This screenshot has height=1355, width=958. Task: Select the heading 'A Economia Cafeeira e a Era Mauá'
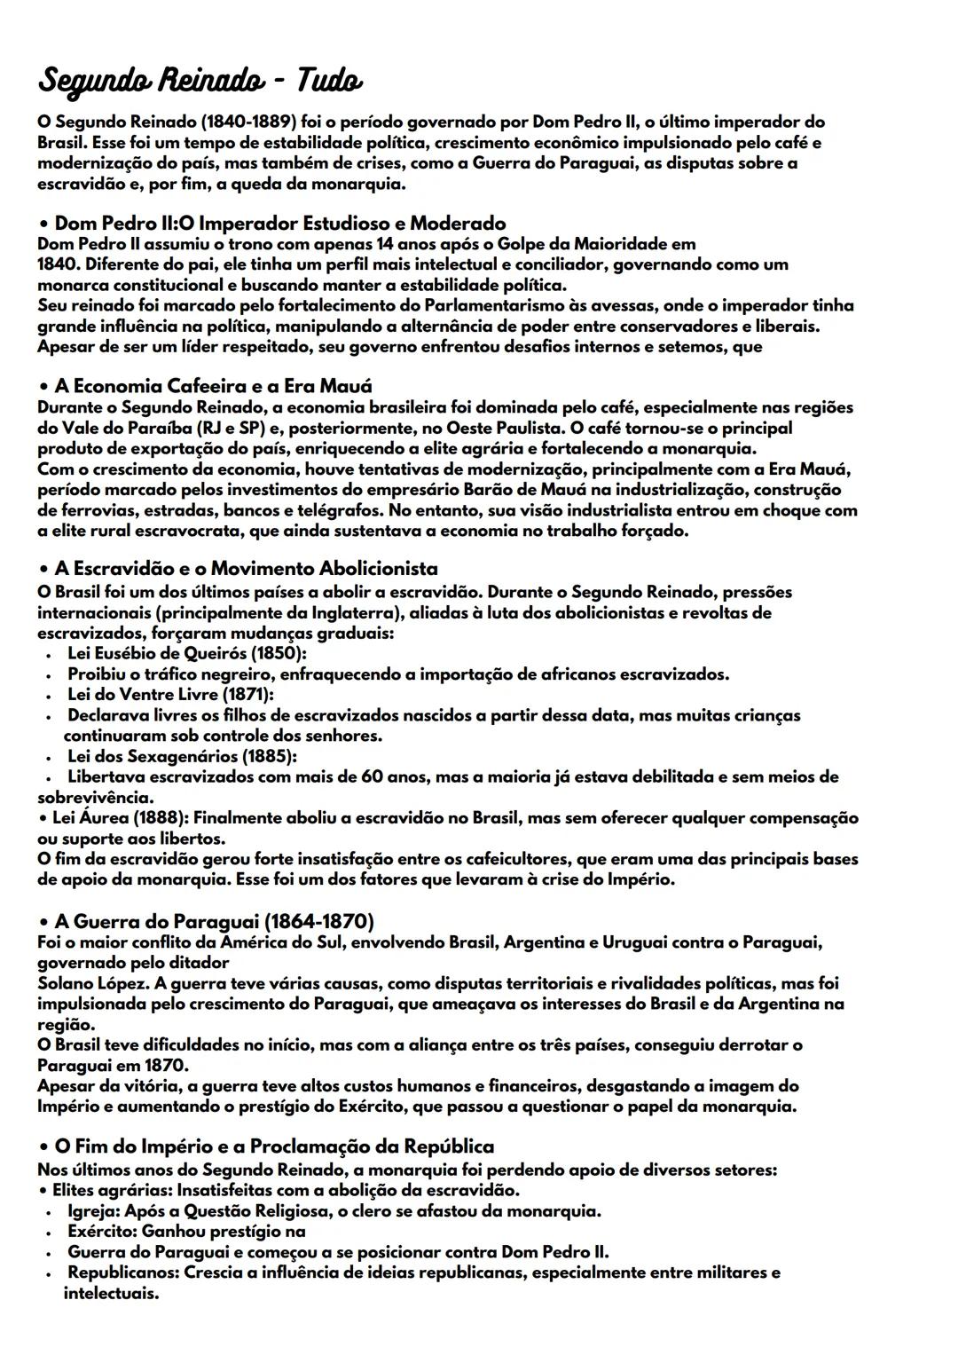click(213, 386)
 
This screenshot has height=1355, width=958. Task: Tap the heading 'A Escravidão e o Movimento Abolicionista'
click(247, 568)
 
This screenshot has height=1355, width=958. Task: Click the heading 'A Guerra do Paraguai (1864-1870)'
click(214, 921)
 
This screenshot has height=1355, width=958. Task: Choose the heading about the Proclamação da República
click(274, 1146)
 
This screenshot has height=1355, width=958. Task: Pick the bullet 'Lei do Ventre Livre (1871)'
click(170, 694)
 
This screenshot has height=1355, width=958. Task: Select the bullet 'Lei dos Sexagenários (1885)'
click(182, 756)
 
